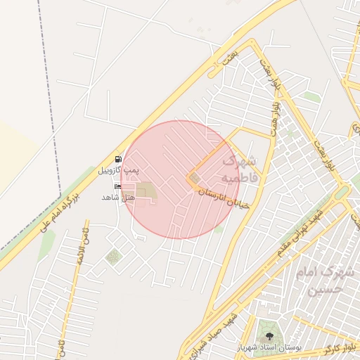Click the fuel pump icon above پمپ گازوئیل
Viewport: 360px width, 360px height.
118,159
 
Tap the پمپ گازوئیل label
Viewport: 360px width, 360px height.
118,170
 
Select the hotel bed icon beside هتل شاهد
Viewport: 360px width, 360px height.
117,187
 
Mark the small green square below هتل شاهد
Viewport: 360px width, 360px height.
113,257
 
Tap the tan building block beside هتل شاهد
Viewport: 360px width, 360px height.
146,191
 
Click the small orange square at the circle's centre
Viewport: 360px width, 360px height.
193,179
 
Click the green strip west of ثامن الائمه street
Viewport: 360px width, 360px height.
47,243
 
